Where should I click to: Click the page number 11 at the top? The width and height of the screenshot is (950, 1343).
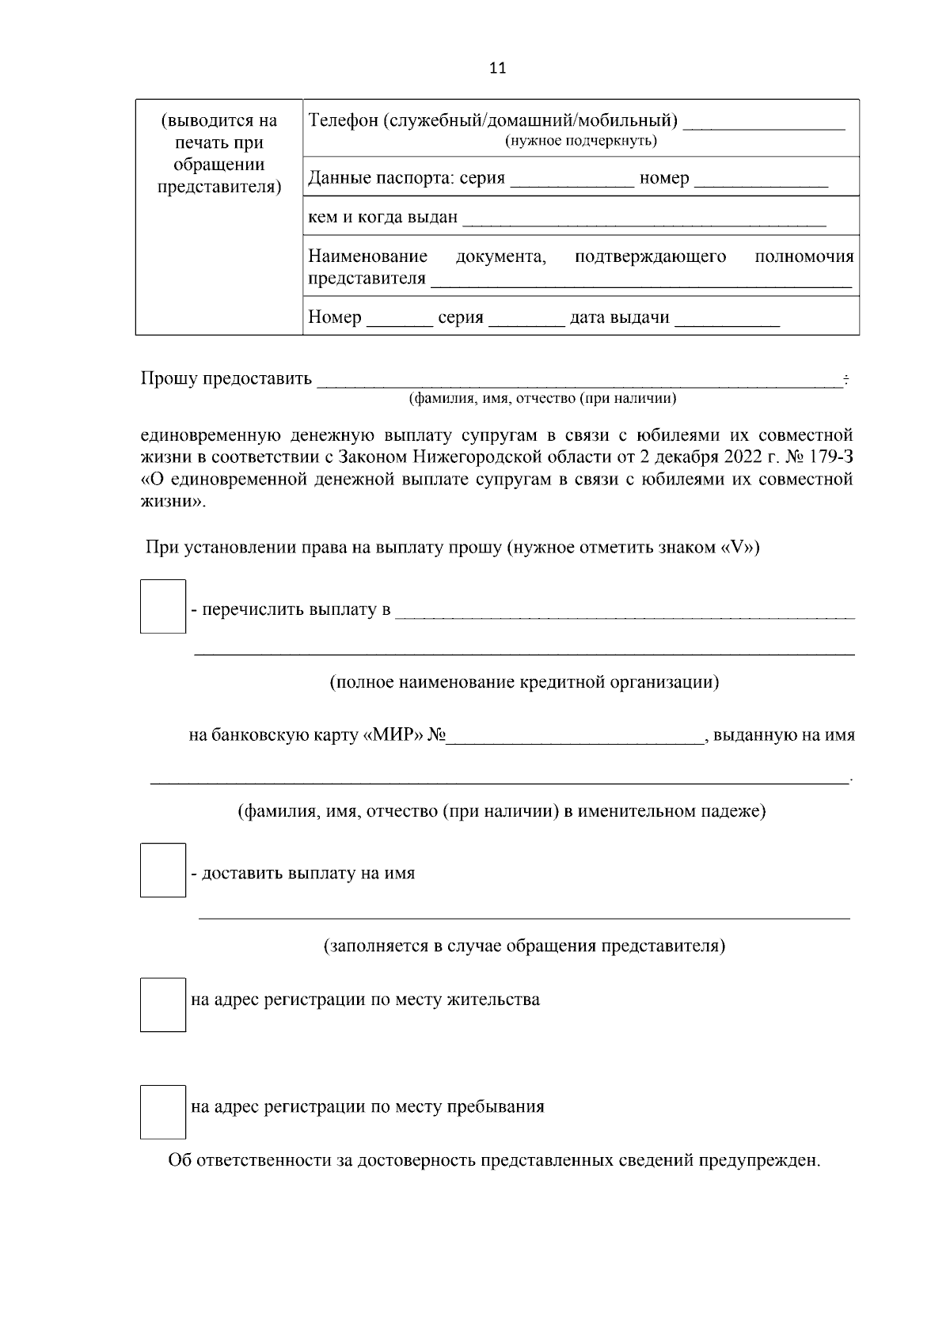point(497,68)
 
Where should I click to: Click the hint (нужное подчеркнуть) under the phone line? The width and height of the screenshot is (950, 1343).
point(581,141)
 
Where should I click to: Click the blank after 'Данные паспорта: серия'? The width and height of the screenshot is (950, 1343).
point(572,179)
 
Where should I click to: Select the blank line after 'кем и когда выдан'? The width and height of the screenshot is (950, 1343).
point(644,218)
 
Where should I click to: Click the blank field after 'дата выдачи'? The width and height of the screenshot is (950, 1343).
point(727,318)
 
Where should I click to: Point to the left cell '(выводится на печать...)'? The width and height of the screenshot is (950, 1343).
point(219,154)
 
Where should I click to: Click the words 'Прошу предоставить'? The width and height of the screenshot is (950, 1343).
point(226,378)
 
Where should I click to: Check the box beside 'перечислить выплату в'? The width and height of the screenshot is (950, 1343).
point(163,606)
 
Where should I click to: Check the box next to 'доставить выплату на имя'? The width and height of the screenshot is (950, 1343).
point(163,870)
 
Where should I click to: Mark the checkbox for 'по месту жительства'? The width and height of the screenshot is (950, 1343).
point(163,1004)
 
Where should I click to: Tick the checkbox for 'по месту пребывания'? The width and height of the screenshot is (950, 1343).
point(163,1111)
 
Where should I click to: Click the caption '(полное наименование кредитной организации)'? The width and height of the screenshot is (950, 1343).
point(524,682)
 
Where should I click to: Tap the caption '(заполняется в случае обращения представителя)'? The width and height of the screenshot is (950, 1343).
point(524,946)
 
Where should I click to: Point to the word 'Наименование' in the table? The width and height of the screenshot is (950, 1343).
point(367,256)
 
